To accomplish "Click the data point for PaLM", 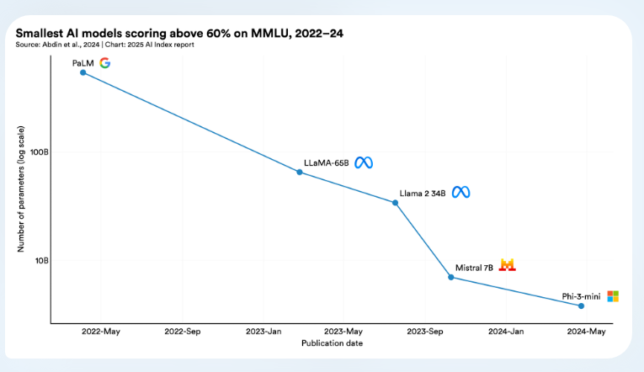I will (x=82, y=72).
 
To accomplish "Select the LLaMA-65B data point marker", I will (x=300, y=172).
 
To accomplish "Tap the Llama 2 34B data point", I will (x=395, y=202).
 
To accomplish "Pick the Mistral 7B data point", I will (x=451, y=277).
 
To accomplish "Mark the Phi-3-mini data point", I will (x=581, y=306).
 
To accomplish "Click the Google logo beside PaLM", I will (x=104, y=62).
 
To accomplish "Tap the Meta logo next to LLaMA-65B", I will (x=363, y=162).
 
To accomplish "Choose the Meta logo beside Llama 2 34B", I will (x=460, y=193).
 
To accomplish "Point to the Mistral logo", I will (x=507, y=265).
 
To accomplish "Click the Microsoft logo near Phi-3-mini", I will (x=613, y=296).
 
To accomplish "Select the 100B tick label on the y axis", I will (x=40, y=152).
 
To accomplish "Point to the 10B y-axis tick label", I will (x=42, y=260).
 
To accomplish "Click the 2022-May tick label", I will (x=101, y=332).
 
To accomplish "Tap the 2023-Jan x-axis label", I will (x=263, y=332).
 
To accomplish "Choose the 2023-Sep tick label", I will (x=425, y=332).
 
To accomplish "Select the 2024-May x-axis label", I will (x=587, y=332).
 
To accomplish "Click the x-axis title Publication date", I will (x=332, y=343).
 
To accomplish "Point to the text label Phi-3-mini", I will (x=582, y=296).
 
